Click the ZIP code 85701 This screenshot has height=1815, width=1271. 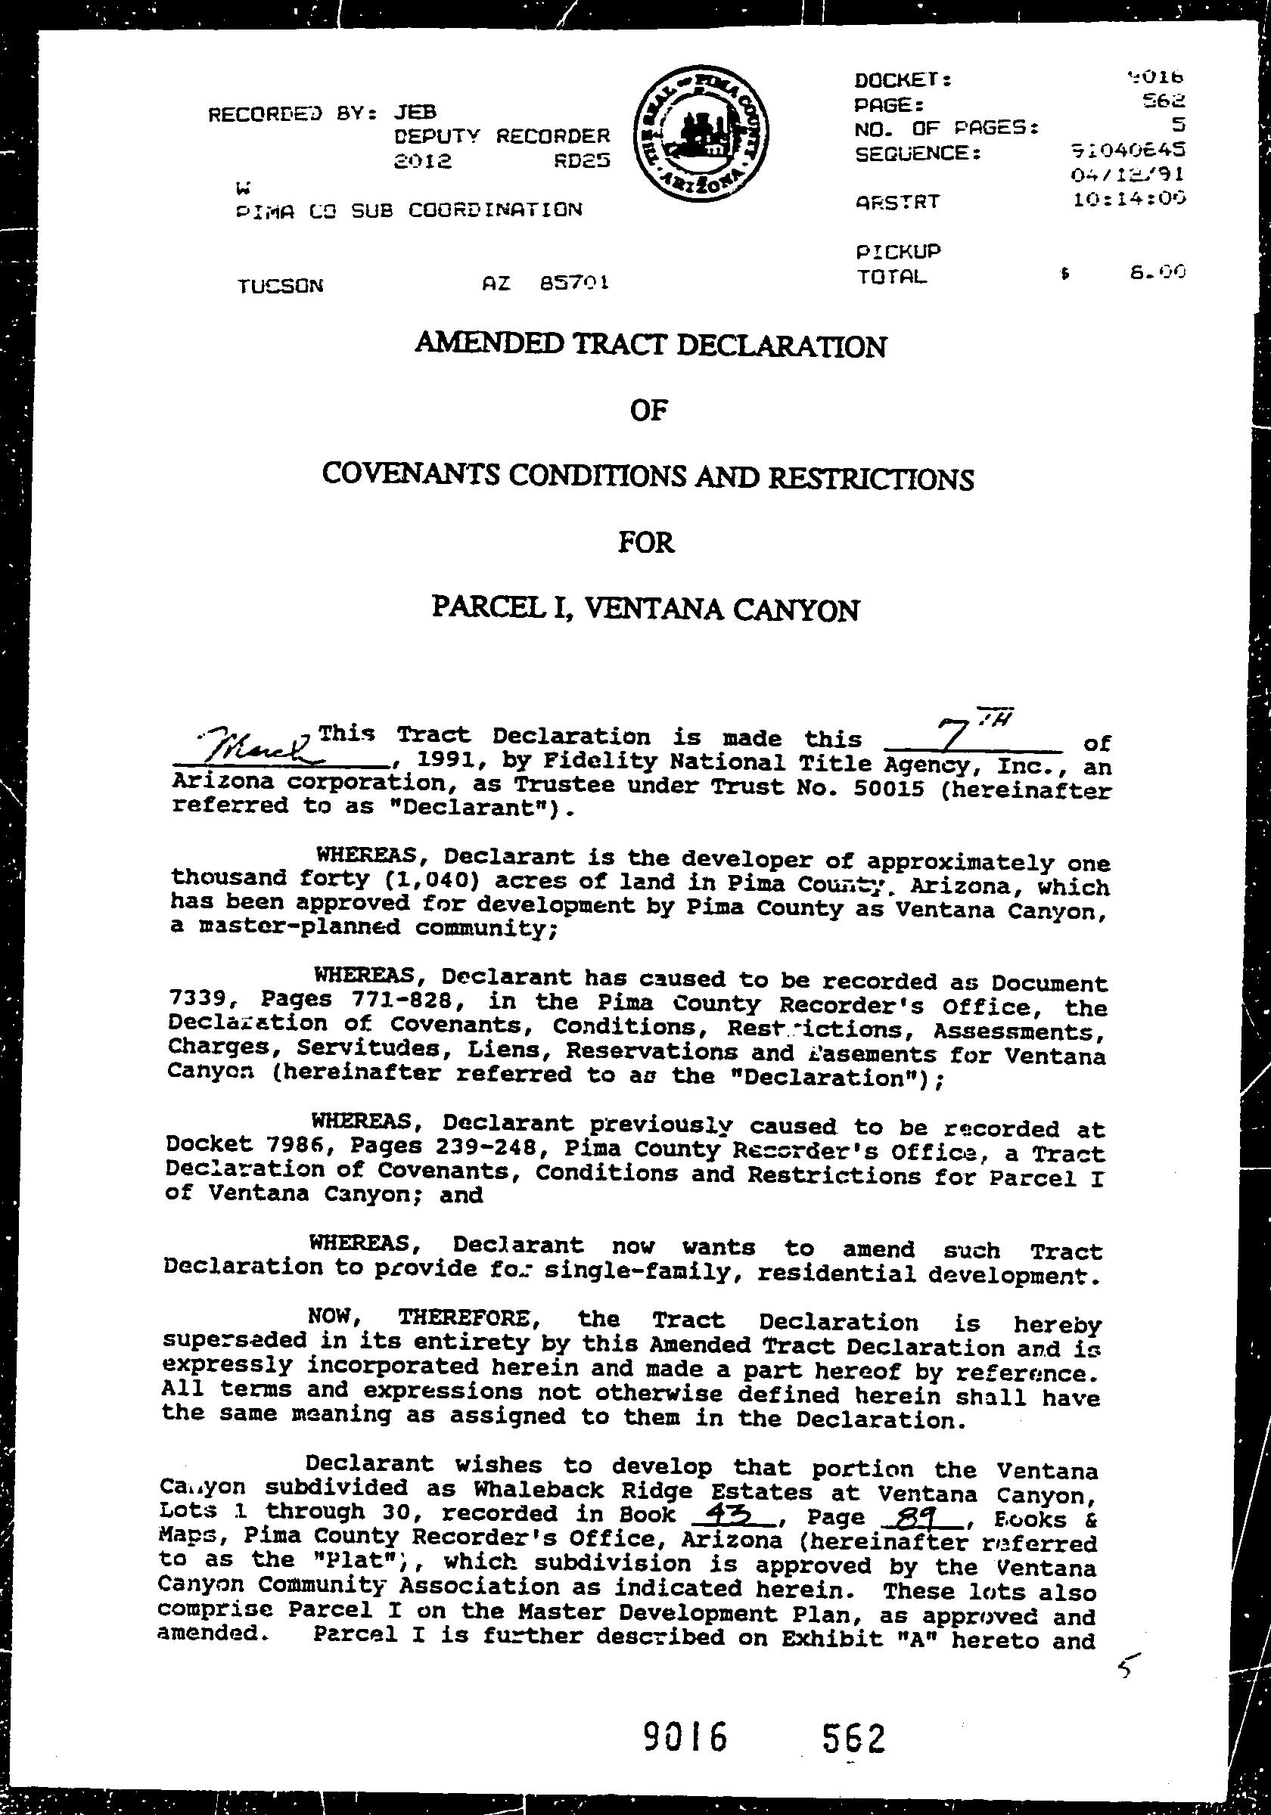[573, 282]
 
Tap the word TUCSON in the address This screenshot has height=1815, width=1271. [280, 285]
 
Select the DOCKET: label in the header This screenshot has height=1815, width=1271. [903, 80]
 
